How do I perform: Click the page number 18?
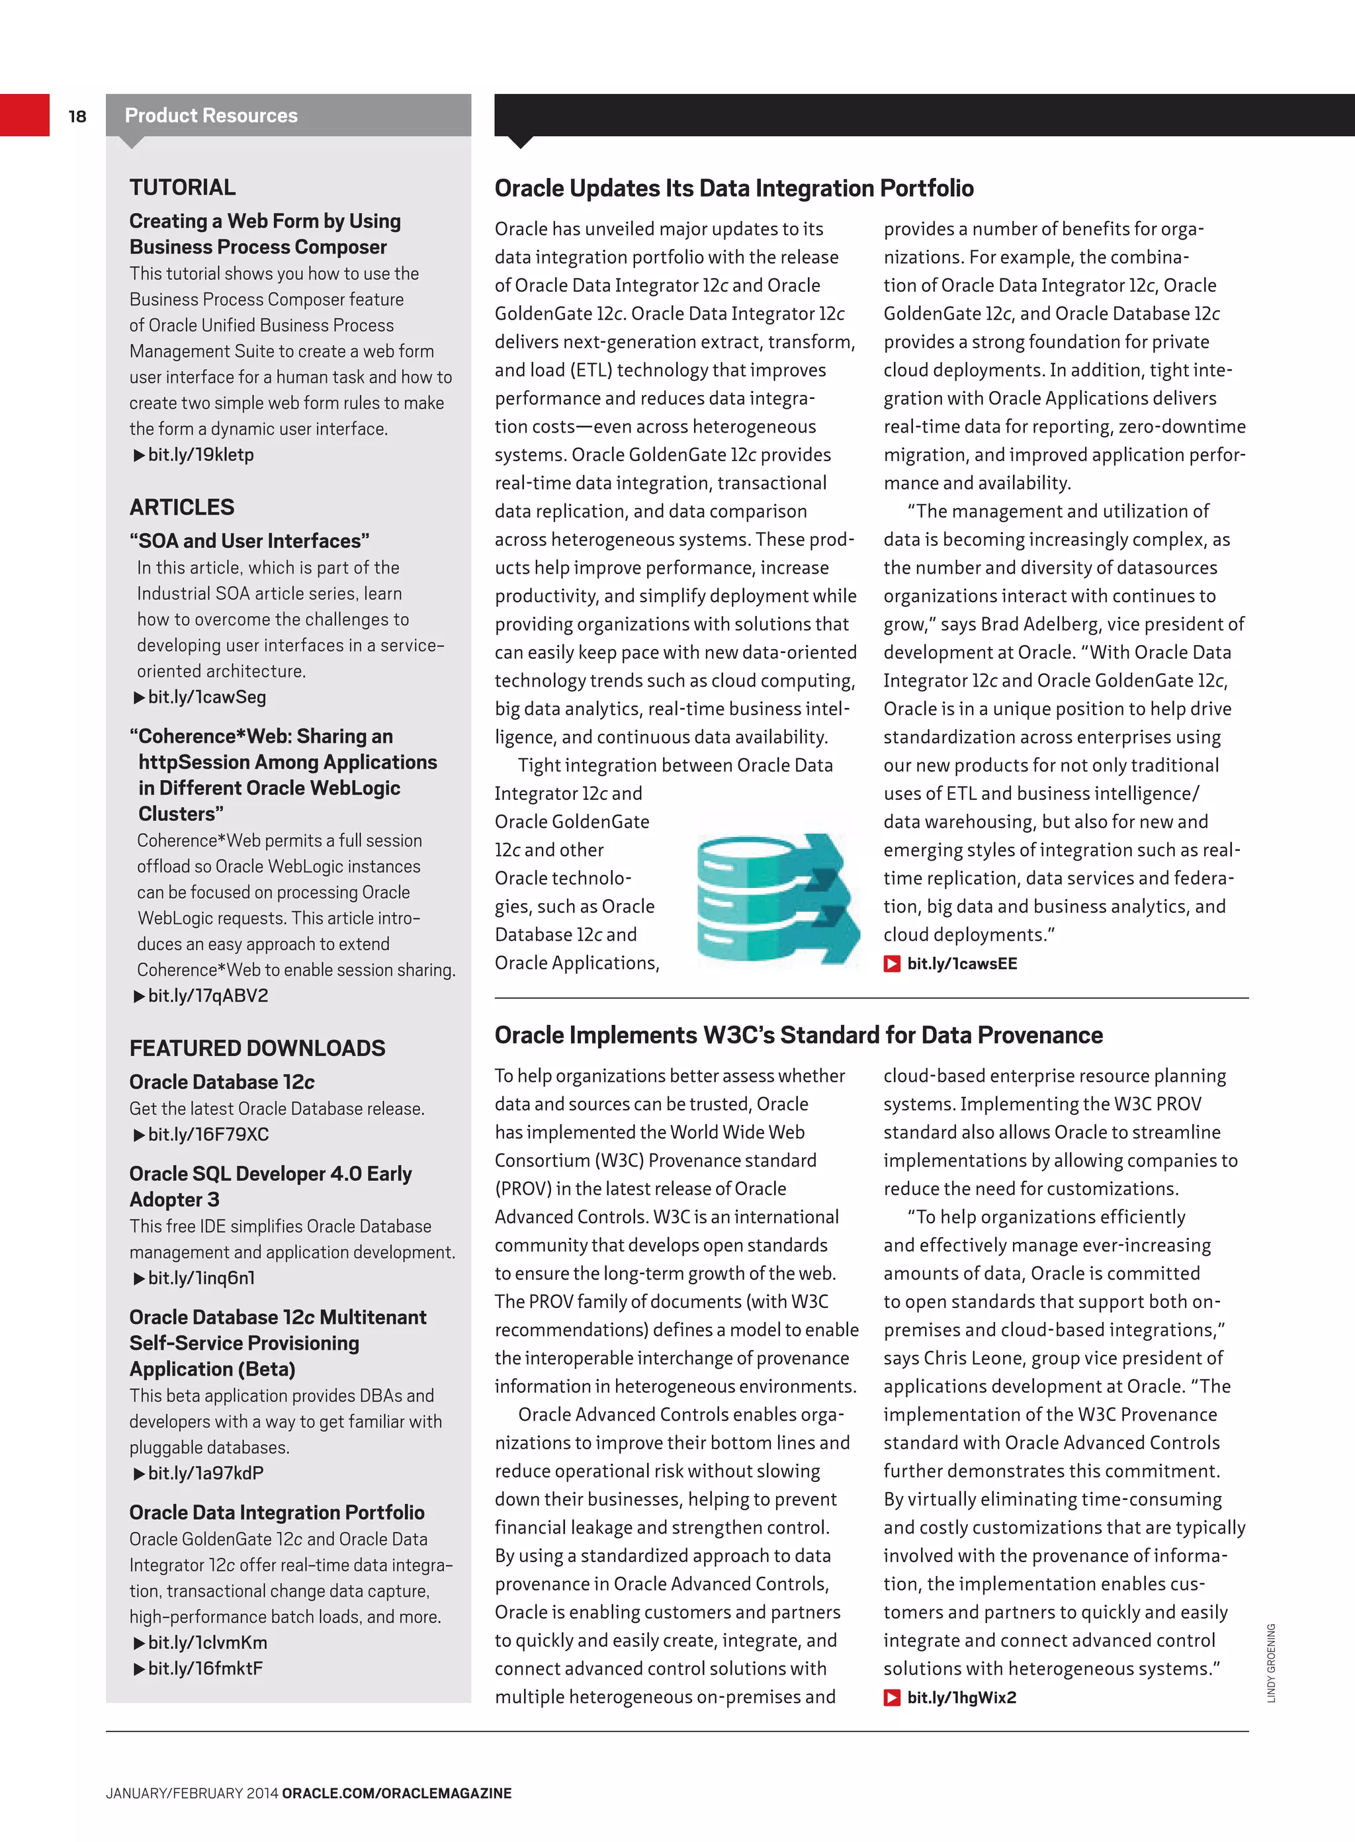tap(77, 116)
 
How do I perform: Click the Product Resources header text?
tap(211, 116)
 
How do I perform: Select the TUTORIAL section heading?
tap(182, 188)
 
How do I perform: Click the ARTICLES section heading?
tap(181, 507)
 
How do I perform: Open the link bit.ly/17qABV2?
tap(208, 996)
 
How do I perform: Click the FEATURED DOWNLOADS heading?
tap(257, 1048)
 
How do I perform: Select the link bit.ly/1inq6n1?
tap(201, 1278)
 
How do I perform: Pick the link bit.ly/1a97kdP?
tap(206, 1473)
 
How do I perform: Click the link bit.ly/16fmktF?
tap(205, 1668)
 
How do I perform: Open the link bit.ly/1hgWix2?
tap(961, 1697)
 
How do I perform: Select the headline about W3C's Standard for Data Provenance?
tap(797, 1035)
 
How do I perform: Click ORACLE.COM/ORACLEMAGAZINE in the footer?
tap(396, 1793)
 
